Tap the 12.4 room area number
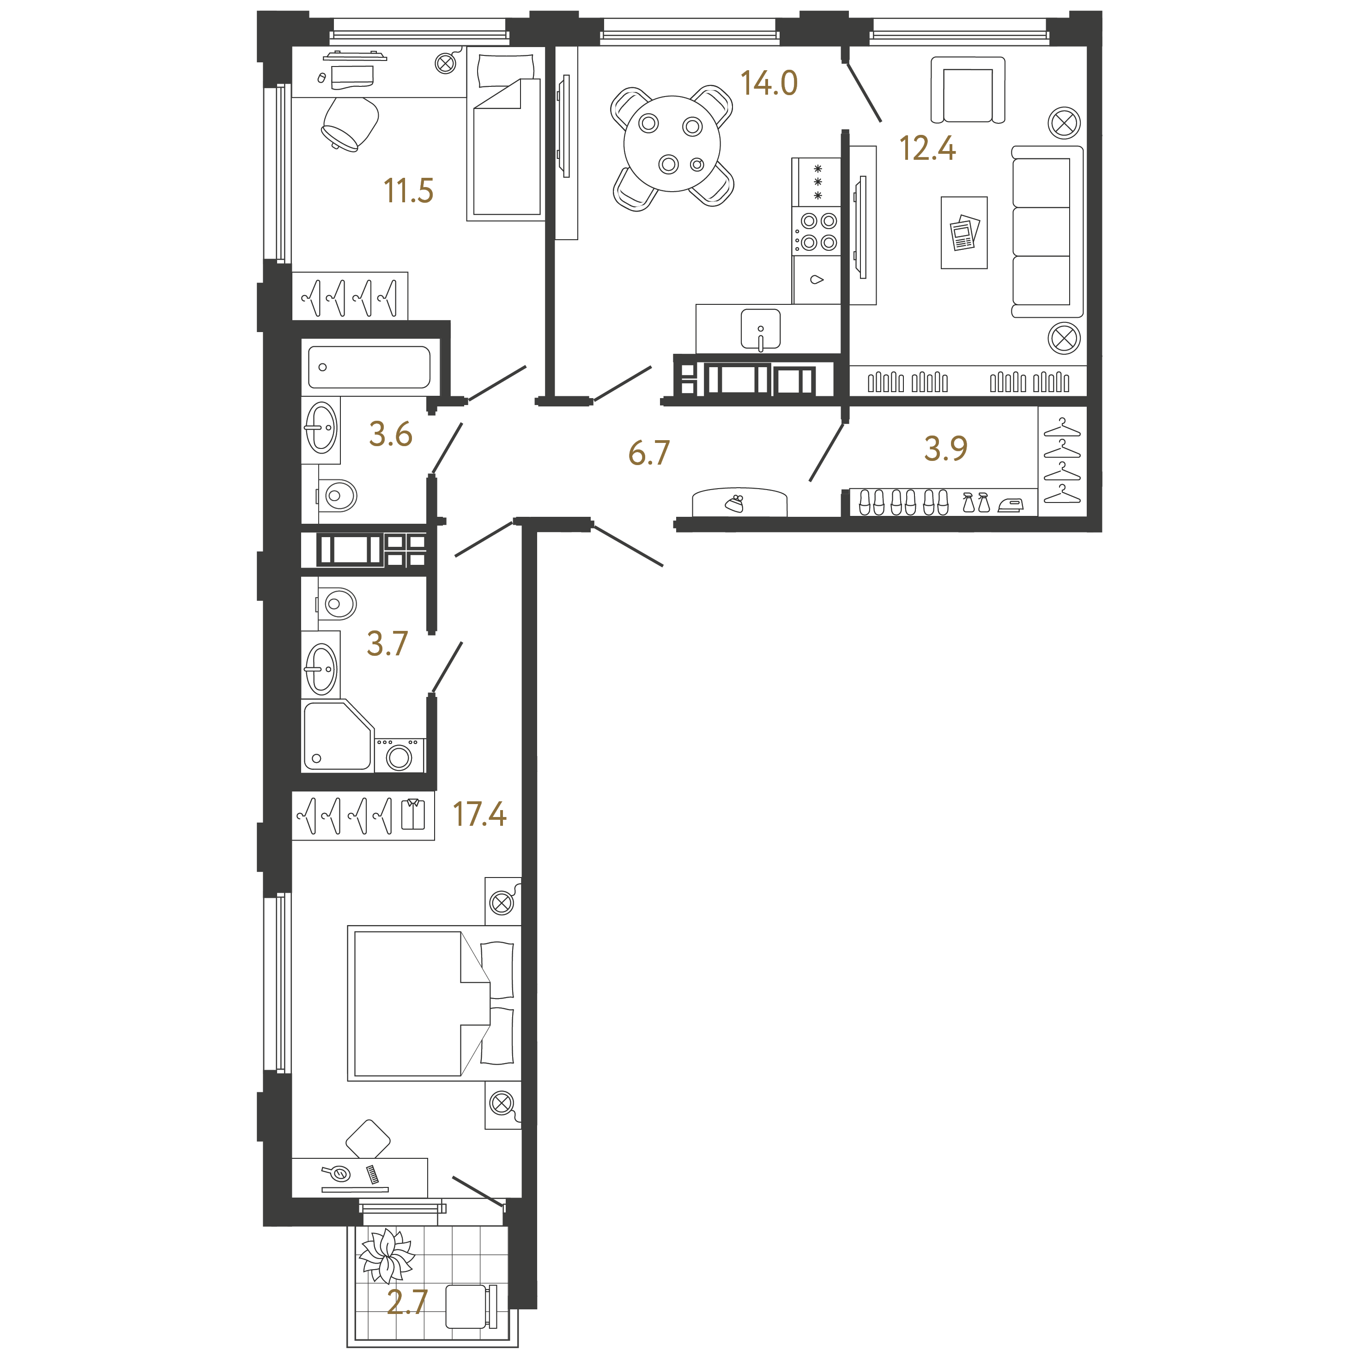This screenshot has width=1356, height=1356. coord(927,148)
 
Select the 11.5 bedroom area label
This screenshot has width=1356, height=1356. coord(408,190)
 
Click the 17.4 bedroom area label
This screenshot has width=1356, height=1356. coord(479,814)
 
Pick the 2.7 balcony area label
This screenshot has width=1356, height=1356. coord(407,1302)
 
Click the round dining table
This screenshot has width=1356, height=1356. coord(672,144)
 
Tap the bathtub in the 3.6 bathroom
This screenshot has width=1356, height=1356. coord(369,367)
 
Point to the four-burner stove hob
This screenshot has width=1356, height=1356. coord(817,231)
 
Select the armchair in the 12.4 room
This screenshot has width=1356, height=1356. coord(968,91)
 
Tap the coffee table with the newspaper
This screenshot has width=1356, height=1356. coord(964,232)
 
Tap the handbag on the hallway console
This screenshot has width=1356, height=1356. coord(735,503)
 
